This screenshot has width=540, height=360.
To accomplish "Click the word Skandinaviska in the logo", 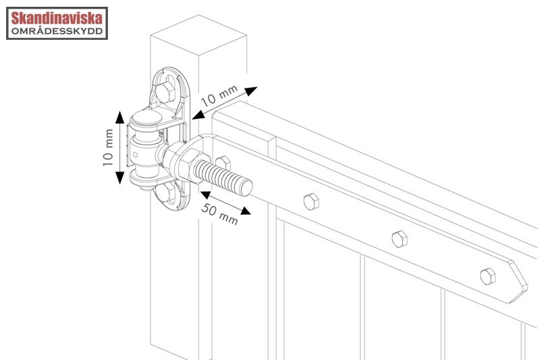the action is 57,18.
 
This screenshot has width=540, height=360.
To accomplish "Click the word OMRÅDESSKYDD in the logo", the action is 57,31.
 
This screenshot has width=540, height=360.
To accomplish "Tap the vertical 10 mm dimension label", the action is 108,147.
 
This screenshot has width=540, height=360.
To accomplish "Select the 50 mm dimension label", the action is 219,213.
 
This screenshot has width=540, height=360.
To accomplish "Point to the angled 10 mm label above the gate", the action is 219,95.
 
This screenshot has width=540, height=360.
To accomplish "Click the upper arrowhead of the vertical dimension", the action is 119,117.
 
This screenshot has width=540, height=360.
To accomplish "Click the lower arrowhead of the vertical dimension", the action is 119,178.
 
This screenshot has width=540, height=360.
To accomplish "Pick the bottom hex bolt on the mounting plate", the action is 167,193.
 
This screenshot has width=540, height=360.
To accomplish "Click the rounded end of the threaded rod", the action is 246,187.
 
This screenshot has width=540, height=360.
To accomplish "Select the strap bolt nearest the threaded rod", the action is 311,201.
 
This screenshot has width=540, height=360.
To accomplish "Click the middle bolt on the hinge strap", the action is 400,238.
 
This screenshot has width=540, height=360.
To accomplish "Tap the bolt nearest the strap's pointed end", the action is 488,276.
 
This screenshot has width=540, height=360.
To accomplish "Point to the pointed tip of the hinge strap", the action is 526,284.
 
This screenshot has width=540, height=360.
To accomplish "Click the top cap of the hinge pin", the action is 147,118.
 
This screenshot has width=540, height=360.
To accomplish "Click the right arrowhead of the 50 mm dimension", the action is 246,211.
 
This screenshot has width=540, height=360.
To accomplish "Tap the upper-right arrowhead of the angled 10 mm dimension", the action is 251,91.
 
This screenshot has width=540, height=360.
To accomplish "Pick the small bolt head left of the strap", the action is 223,163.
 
